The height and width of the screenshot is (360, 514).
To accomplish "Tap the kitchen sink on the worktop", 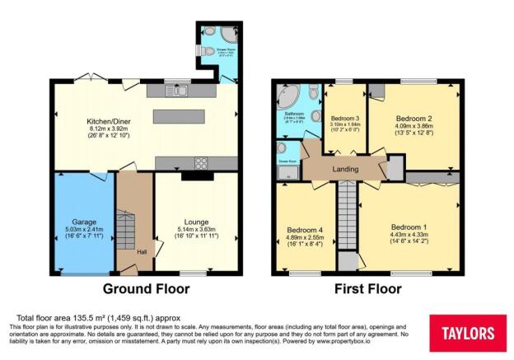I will point(180,91).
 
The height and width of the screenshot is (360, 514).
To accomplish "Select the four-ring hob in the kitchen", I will point(200,162).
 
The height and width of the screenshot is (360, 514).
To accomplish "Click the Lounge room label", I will point(195,222).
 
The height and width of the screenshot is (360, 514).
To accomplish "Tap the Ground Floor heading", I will point(146,289).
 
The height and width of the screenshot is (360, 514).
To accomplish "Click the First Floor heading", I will point(367,289).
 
